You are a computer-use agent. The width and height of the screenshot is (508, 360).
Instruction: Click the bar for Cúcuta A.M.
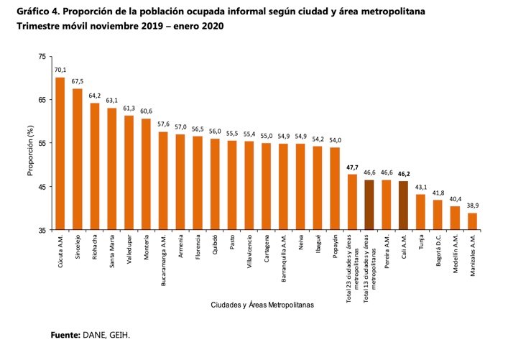(x=60, y=154)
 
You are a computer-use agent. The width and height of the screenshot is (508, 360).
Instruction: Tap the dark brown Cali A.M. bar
(x=403, y=206)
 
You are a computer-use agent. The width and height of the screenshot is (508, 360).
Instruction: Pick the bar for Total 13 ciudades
(x=369, y=205)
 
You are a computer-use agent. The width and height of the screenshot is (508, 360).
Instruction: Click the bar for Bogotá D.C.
(x=438, y=215)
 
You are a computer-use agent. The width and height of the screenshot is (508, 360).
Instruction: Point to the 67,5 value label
(x=78, y=81)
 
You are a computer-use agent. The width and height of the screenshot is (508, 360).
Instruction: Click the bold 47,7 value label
(x=352, y=167)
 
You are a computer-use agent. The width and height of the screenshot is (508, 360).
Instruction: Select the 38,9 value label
(x=472, y=206)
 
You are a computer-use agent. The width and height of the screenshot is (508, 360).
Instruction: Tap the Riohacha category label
(x=95, y=249)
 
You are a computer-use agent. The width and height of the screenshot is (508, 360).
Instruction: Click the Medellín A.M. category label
(x=455, y=256)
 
